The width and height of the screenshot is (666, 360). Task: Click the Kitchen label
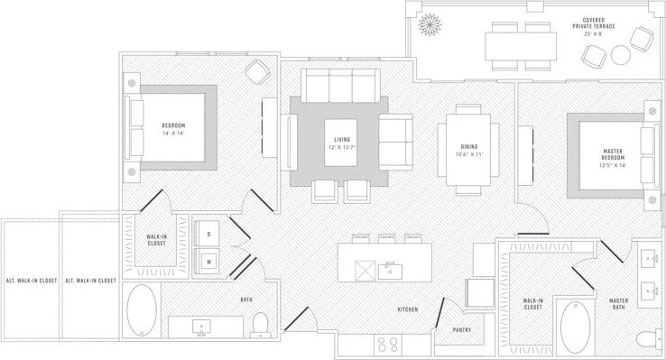408,309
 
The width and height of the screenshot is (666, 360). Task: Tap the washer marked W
209,262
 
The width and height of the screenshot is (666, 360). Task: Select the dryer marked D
209,234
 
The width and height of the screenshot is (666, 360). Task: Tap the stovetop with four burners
389,344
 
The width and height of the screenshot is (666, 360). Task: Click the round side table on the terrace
621,56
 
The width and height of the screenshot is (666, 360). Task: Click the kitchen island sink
392,268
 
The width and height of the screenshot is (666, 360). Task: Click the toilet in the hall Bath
260,322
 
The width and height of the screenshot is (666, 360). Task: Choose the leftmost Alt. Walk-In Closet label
32,281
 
